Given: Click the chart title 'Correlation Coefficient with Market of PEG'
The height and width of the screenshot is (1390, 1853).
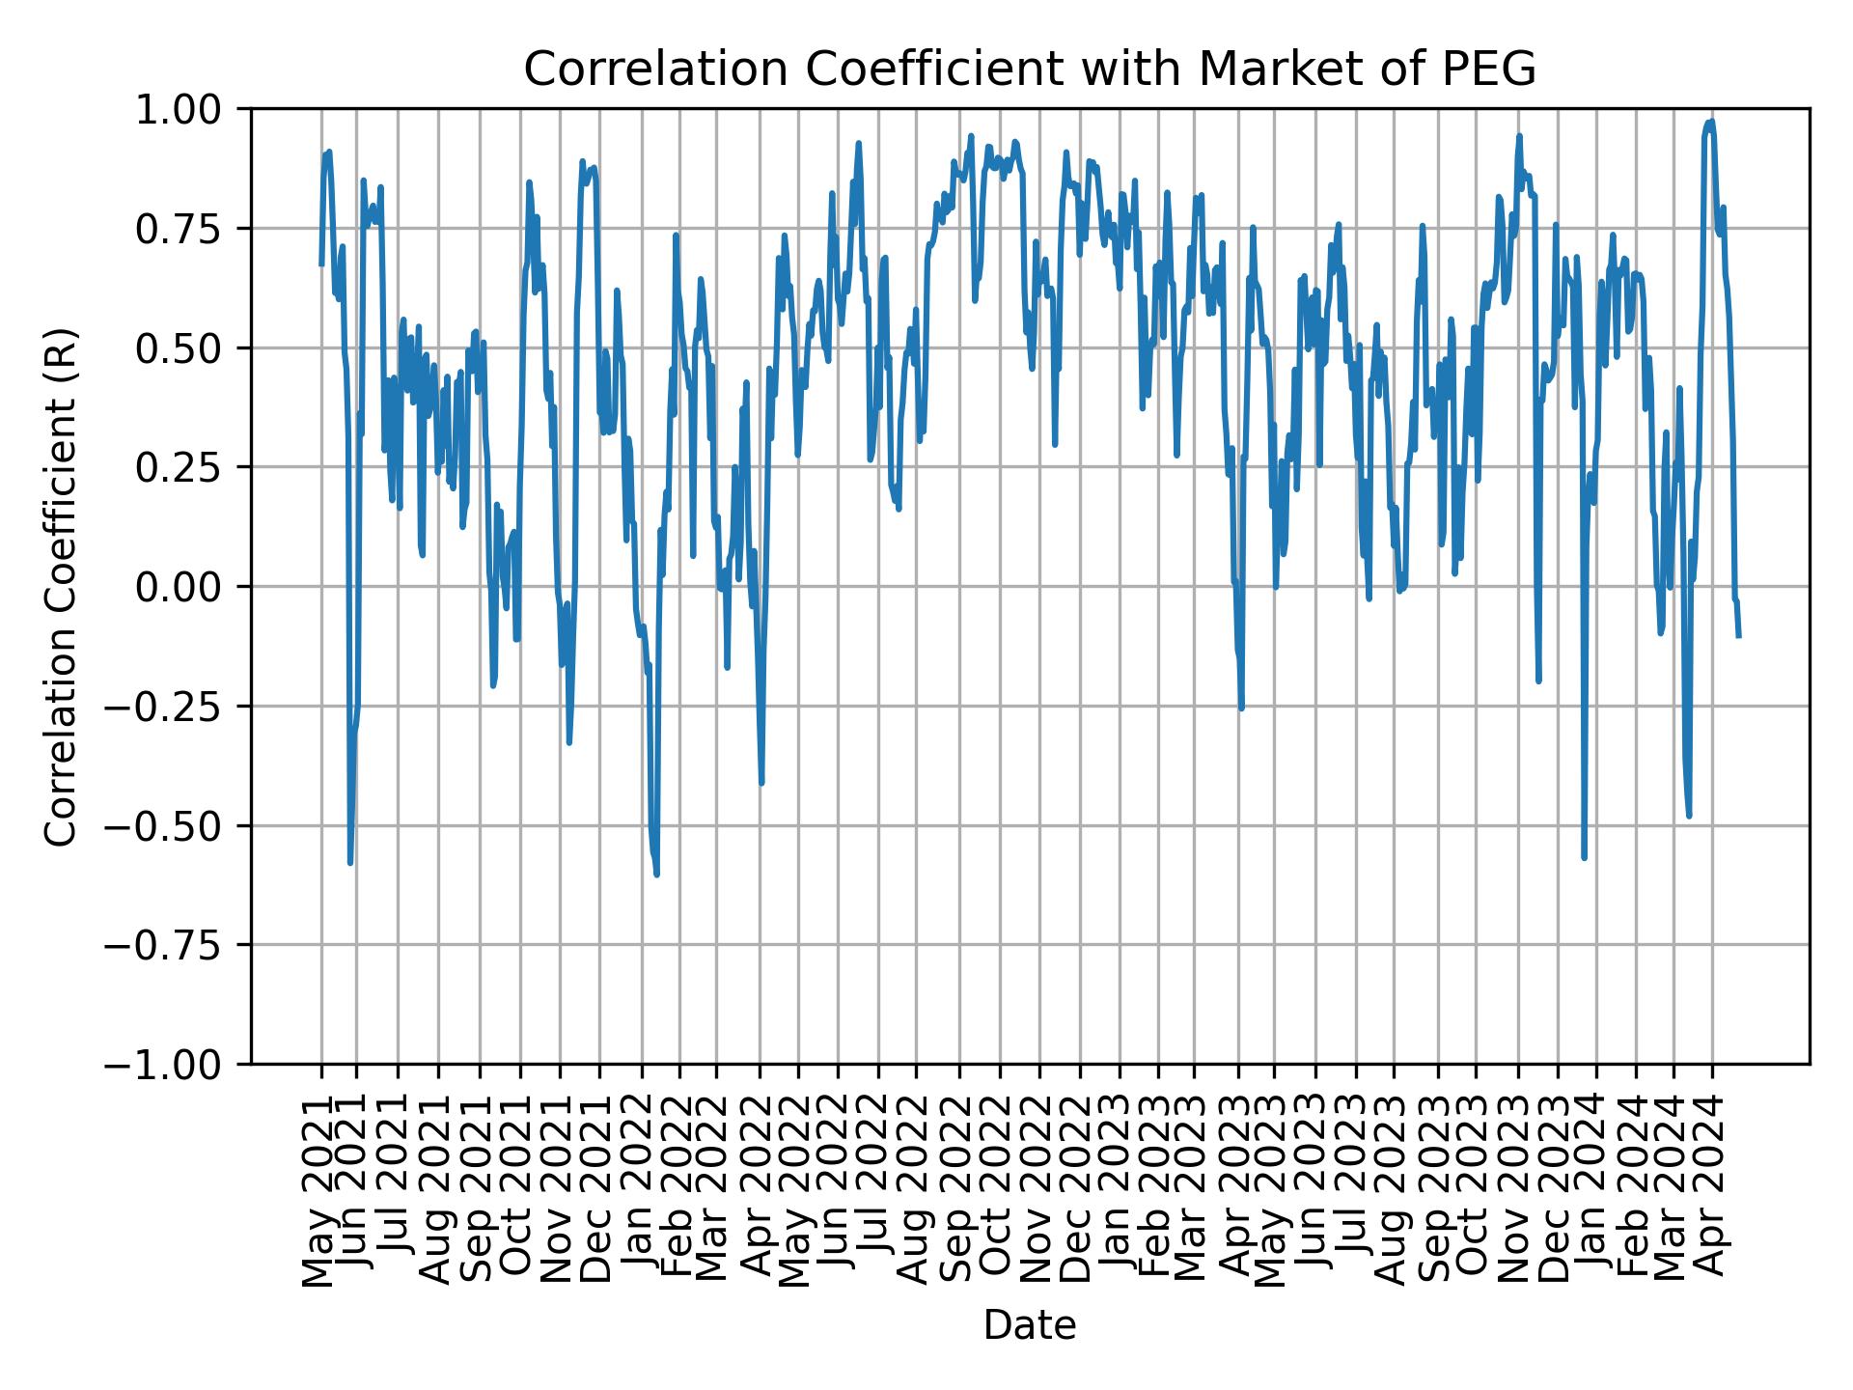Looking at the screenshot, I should pyautogui.click(x=1029, y=69).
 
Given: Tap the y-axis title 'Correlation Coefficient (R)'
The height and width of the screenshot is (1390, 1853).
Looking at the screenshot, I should pyautogui.click(x=61, y=587).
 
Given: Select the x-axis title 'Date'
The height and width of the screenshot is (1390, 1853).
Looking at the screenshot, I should pyautogui.click(x=1029, y=1326).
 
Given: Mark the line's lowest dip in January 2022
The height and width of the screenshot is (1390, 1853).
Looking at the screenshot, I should pyautogui.click(x=657, y=874).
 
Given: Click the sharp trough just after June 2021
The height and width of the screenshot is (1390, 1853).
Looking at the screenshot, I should pyautogui.click(x=350, y=862).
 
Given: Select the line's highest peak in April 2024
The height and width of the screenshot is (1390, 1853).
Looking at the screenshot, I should pyautogui.click(x=1711, y=122).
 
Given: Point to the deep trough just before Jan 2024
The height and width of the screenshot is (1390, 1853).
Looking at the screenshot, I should pyautogui.click(x=1585, y=857).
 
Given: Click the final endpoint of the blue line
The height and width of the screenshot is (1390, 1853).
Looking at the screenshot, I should pyautogui.click(x=1739, y=636).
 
